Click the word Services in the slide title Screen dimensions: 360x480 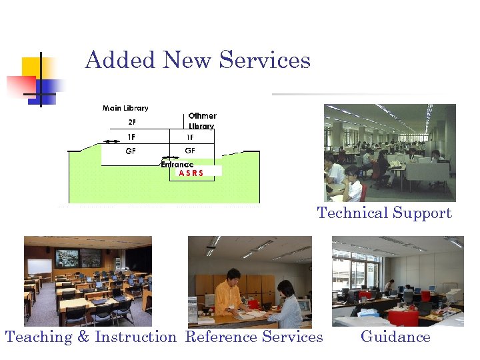point(265,60)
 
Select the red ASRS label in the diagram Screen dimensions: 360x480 point(191,172)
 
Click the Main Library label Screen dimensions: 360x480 point(125,108)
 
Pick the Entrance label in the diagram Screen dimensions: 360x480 point(177,164)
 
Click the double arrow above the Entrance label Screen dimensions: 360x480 point(171,159)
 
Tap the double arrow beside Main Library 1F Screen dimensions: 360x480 point(107,141)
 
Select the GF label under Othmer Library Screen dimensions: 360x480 point(190,151)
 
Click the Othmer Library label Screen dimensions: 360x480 point(202,121)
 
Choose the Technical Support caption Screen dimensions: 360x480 point(385,213)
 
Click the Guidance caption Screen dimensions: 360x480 point(395,337)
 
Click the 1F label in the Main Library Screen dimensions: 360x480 point(131,137)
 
